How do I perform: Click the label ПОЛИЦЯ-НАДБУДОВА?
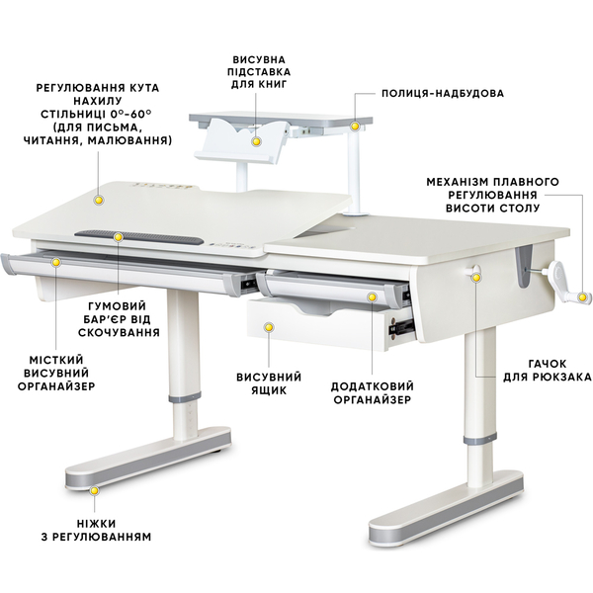tap(443, 94)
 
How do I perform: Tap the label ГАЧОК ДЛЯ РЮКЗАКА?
tap(547, 371)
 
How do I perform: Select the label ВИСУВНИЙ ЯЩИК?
tap(269, 383)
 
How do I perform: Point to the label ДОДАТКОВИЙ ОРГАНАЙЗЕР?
tap(373, 393)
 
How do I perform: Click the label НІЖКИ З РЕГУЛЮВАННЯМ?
tap(96, 530)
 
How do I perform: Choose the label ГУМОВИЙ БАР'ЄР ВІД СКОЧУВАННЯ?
tap(119, 319)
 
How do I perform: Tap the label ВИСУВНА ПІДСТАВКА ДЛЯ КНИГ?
tap(261, 71)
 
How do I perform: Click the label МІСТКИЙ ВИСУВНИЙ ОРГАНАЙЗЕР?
tap(56, 373)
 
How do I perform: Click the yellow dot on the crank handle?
tap(585, 297)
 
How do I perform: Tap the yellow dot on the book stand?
tap(256, 141)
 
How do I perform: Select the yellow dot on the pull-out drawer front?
tap(269, 327)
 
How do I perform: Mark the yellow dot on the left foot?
tap(94, 491)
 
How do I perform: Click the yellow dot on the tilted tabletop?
tap(99, 200)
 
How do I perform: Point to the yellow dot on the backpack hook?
tap(476, 278)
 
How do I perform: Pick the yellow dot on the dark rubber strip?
tap(119, 237)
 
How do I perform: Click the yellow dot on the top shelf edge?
tap(355, 126)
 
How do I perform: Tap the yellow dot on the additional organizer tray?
tap(373, 297)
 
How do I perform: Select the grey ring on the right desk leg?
tap(479, 440)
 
